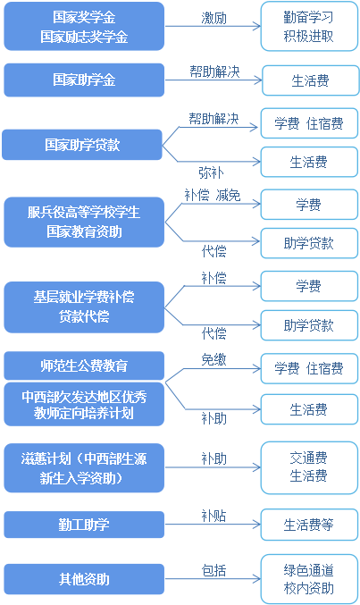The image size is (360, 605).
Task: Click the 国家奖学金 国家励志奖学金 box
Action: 84,27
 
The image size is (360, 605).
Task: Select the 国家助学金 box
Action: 84,80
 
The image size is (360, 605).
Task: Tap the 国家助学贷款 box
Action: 84,142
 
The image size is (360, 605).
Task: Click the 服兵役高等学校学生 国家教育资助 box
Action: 84,222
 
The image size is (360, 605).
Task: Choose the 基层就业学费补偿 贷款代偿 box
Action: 84,306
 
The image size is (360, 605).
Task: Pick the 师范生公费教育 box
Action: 84,366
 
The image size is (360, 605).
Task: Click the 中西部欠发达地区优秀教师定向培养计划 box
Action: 84,403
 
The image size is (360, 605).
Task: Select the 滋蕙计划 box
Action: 84,467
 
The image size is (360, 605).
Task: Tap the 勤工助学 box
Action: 84,525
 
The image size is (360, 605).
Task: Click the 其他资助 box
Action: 84,579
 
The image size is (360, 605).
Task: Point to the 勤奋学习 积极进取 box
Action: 309,27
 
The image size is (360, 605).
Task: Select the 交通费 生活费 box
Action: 309,466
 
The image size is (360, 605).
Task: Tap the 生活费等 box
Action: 309,525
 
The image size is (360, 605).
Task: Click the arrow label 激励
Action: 213,17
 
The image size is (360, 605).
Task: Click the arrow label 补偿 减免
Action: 213,194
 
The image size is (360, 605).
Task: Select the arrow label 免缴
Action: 213,357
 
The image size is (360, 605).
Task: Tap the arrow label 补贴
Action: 213,515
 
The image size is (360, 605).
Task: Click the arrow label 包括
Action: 213,569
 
